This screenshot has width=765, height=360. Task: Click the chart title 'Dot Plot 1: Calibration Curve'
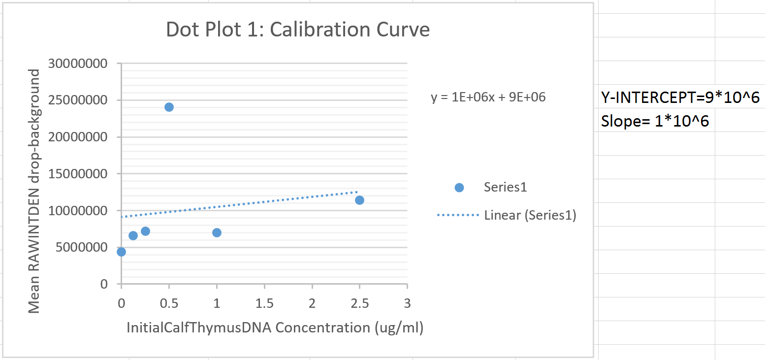pos(298,30)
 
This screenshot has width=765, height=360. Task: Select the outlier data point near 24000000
pos(169,107)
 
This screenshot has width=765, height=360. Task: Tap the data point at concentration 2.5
pos(359,200)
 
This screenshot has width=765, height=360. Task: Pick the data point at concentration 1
pos(217,232)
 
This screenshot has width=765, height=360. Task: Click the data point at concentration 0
pos(121,252)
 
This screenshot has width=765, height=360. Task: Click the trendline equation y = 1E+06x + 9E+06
pos(488,98)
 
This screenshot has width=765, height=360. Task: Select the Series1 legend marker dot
pos(459,188)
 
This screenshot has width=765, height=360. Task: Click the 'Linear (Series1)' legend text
pos(530,215)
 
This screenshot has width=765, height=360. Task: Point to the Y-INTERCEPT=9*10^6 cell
pos(681,98)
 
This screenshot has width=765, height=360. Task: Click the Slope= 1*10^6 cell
pos(655,121)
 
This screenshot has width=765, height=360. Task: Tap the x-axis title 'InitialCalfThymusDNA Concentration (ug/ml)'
pos(275,327)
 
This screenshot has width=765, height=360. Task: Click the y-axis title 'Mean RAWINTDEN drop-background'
pos(33,191)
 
